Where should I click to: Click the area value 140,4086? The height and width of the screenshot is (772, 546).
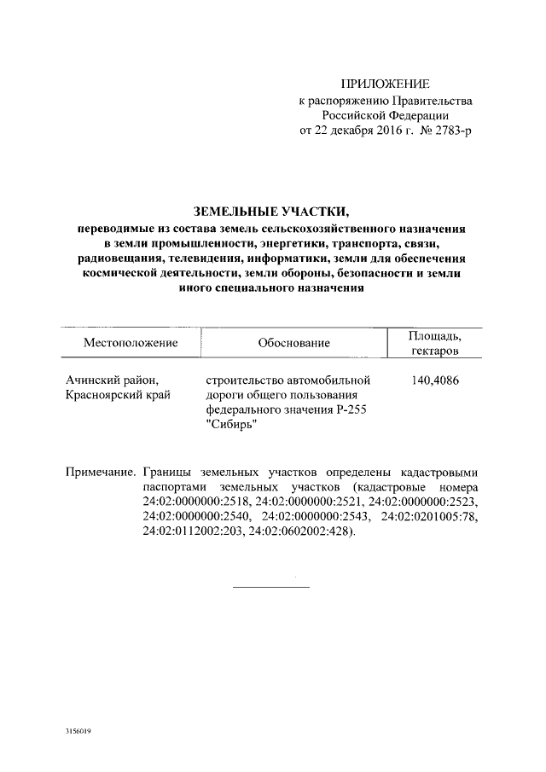click(x=434, y=380)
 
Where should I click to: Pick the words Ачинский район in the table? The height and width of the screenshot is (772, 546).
click(x=112, y=380)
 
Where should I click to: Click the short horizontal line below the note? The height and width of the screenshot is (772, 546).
click(x=271, y=585)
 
